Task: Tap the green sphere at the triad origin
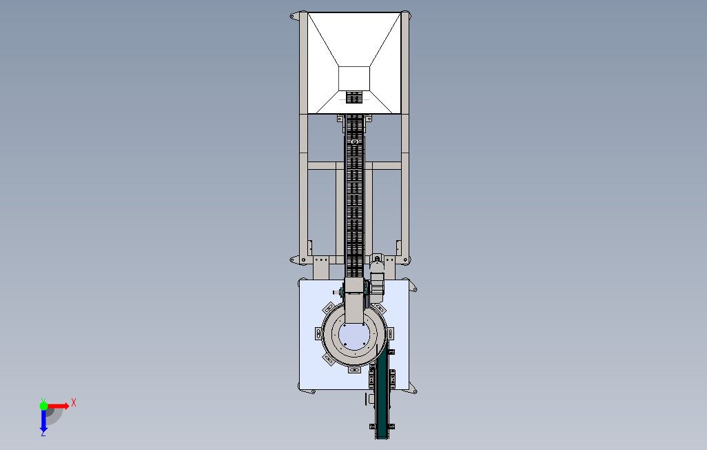coord(43,406)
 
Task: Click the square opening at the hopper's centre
coord(354,79)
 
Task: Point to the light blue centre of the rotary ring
coord(354,336)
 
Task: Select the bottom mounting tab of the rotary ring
coord(354,371)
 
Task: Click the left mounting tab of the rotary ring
coord(318,334)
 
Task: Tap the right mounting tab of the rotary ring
coord(391,334)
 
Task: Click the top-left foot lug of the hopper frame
coord(294,17)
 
